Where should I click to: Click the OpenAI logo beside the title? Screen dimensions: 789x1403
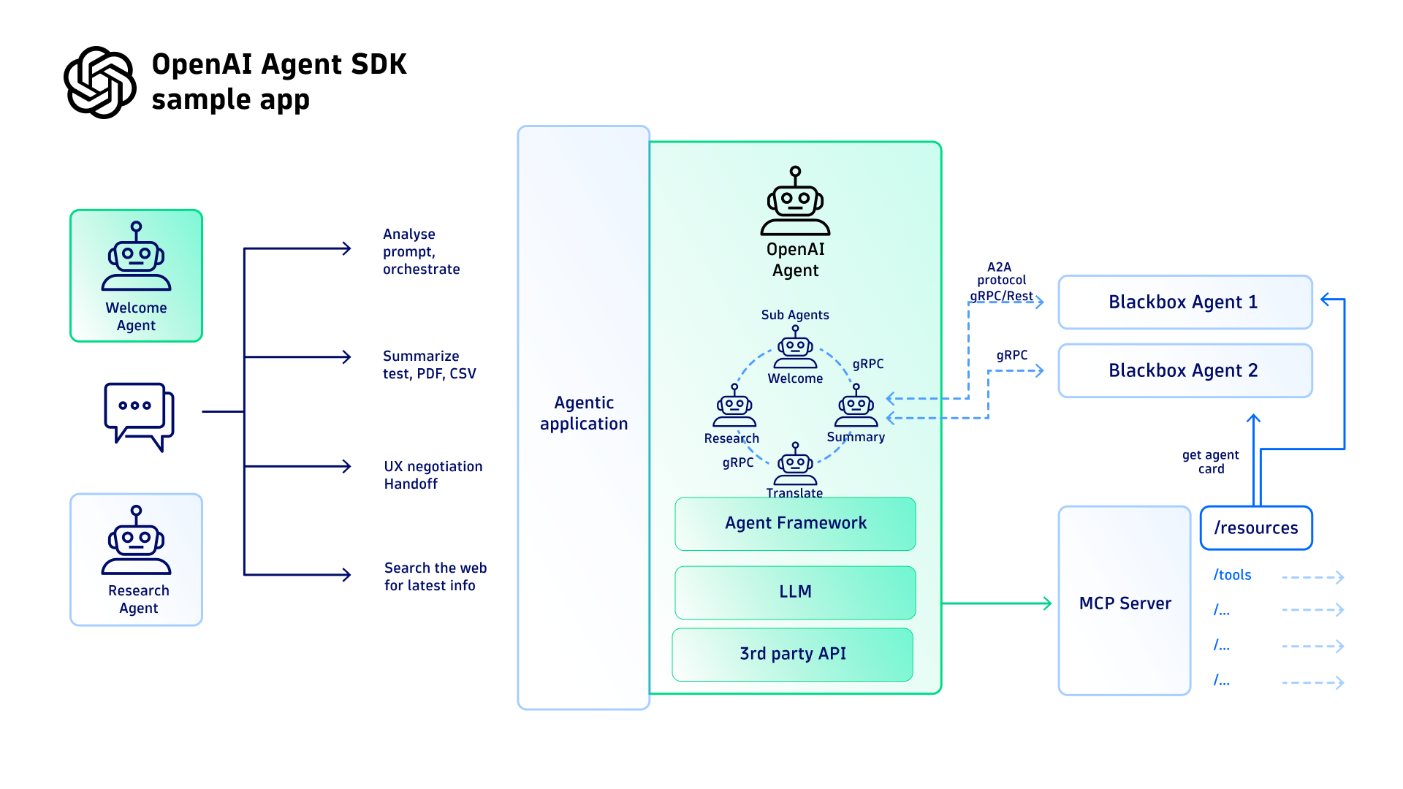(99, 82)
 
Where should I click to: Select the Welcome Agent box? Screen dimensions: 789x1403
(136, 276)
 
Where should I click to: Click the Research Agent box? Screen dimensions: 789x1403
(136, 560)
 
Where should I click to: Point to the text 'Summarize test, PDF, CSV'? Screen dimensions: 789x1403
(429, 365)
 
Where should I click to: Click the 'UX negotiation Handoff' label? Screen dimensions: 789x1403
(433, 475)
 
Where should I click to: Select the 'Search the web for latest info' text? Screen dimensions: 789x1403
(435, 576)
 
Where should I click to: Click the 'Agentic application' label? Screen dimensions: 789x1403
(583, 413)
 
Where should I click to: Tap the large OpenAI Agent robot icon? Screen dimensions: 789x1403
(795, 202)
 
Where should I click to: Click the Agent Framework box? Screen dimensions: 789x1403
(795, 523)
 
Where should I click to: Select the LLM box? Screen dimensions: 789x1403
(795, 592)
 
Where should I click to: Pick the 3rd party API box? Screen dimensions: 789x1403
(793, 654)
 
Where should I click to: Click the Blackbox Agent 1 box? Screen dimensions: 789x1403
(1185, 302)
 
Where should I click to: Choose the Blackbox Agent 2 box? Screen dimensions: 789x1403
(1185, 371)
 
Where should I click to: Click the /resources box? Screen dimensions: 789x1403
(1256, 528)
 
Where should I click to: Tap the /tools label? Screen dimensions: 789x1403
(1232, 576)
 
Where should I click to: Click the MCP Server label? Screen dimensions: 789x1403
(1125, 603)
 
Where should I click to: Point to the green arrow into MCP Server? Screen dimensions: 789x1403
(997, 603)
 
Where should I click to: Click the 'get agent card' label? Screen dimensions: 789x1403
(1210, 462)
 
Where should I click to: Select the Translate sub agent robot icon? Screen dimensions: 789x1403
(795, 465)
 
